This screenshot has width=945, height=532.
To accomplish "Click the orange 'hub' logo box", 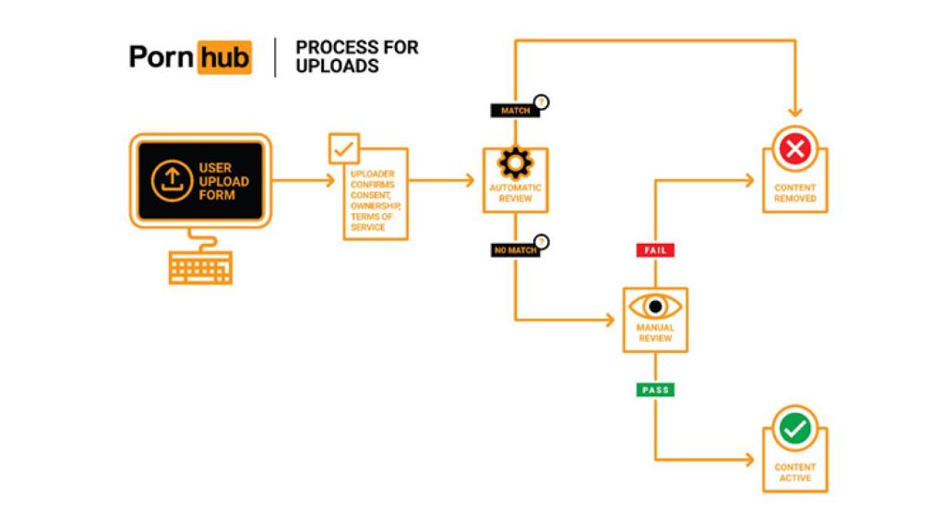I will pyautogui.click(x=223, y=57).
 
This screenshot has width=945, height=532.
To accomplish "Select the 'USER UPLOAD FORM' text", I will pyautogui.click(x=223, y=181).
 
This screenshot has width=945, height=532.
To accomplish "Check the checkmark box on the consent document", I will pyautogui.click(x=343, y=148).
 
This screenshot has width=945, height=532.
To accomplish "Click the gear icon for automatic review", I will pyautogui.click(x=515, y=163).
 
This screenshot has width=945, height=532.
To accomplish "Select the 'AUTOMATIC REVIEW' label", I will pyautogui.click(x=515, y=193).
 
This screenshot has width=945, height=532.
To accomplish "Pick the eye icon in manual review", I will pyautogui.click(x=654, y=306).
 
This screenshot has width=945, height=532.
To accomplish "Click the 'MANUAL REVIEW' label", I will pyautogui.click(x=654, y=332).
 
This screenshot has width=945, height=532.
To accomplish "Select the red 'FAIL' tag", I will pyautogui.click(x=654, y=250).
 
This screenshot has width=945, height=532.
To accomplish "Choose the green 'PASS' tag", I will pyautogui.click(x=654, y=390).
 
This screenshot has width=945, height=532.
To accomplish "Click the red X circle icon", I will pyautogui.click(x=795, y=148).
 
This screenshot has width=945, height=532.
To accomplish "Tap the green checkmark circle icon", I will pyautogui.click(x=795, y=428).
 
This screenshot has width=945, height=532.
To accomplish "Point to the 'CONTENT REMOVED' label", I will pyautogui.click(x=795, y=193).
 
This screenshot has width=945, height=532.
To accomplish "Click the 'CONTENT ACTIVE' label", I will pyautogui.click(x=795, y=473).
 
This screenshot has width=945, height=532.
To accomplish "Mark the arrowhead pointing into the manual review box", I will pyautogui.click(x=610, y=320).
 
